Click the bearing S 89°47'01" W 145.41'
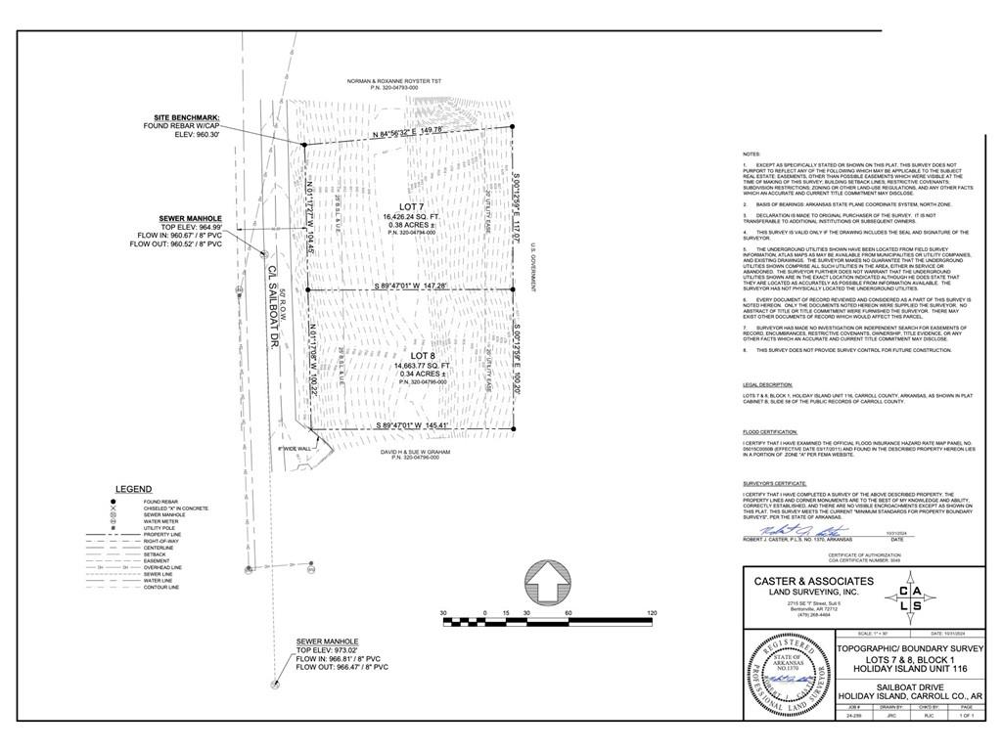pos(410,425)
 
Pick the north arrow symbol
pos(547,586)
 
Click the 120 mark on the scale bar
pos(651,613)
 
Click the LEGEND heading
pos(133,489)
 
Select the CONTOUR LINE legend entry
pos(161,588)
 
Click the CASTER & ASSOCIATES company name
pos(813,581)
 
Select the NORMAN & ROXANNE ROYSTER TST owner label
pos(394,82)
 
